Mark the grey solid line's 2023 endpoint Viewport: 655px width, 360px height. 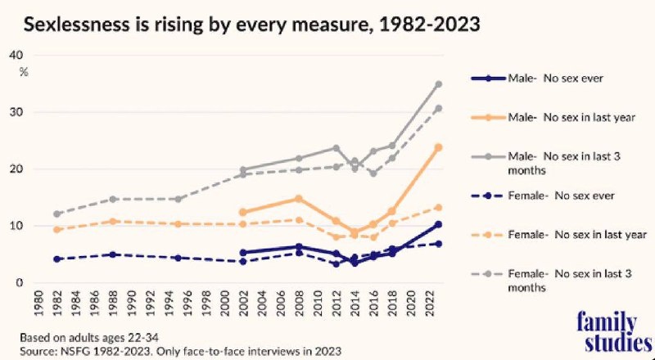[439, 84]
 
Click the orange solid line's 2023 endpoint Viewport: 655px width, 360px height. [439, 147]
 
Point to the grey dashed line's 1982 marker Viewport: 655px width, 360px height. [56, 214]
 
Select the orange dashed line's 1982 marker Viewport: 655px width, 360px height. [56, 230]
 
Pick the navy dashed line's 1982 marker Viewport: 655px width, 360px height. [56, 259]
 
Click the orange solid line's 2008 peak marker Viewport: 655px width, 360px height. [299, 199]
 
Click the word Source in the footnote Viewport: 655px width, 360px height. [34, 349]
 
